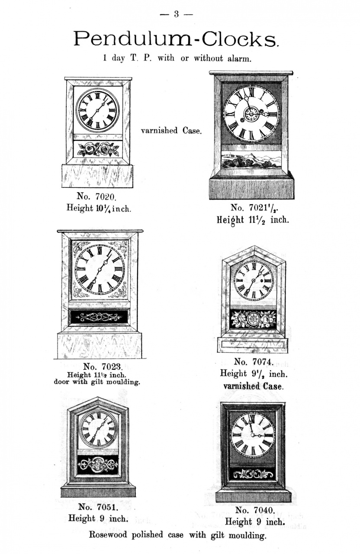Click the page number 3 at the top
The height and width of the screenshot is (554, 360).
pos(176,14)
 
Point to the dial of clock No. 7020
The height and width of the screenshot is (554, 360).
pos(98,110)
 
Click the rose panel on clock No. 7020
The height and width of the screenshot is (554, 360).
pos(98,149)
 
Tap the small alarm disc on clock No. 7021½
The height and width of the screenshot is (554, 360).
pos(251,114)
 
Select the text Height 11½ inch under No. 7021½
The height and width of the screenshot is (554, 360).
pos(253,220)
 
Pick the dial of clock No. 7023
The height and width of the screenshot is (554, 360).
pos(100,269)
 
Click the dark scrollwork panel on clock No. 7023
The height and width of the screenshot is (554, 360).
pos(99,317)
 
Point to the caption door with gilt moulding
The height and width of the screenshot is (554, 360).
pos(97,382)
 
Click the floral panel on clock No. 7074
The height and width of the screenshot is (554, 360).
pos(253,319)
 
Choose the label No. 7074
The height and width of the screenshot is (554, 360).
pos(254,362)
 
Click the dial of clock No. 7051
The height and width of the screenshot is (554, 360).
pos(99,428)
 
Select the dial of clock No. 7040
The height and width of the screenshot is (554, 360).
pos(253,434)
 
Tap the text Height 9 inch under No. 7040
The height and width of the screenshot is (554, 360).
pos(255,522)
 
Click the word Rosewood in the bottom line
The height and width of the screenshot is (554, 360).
pos(108,535)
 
